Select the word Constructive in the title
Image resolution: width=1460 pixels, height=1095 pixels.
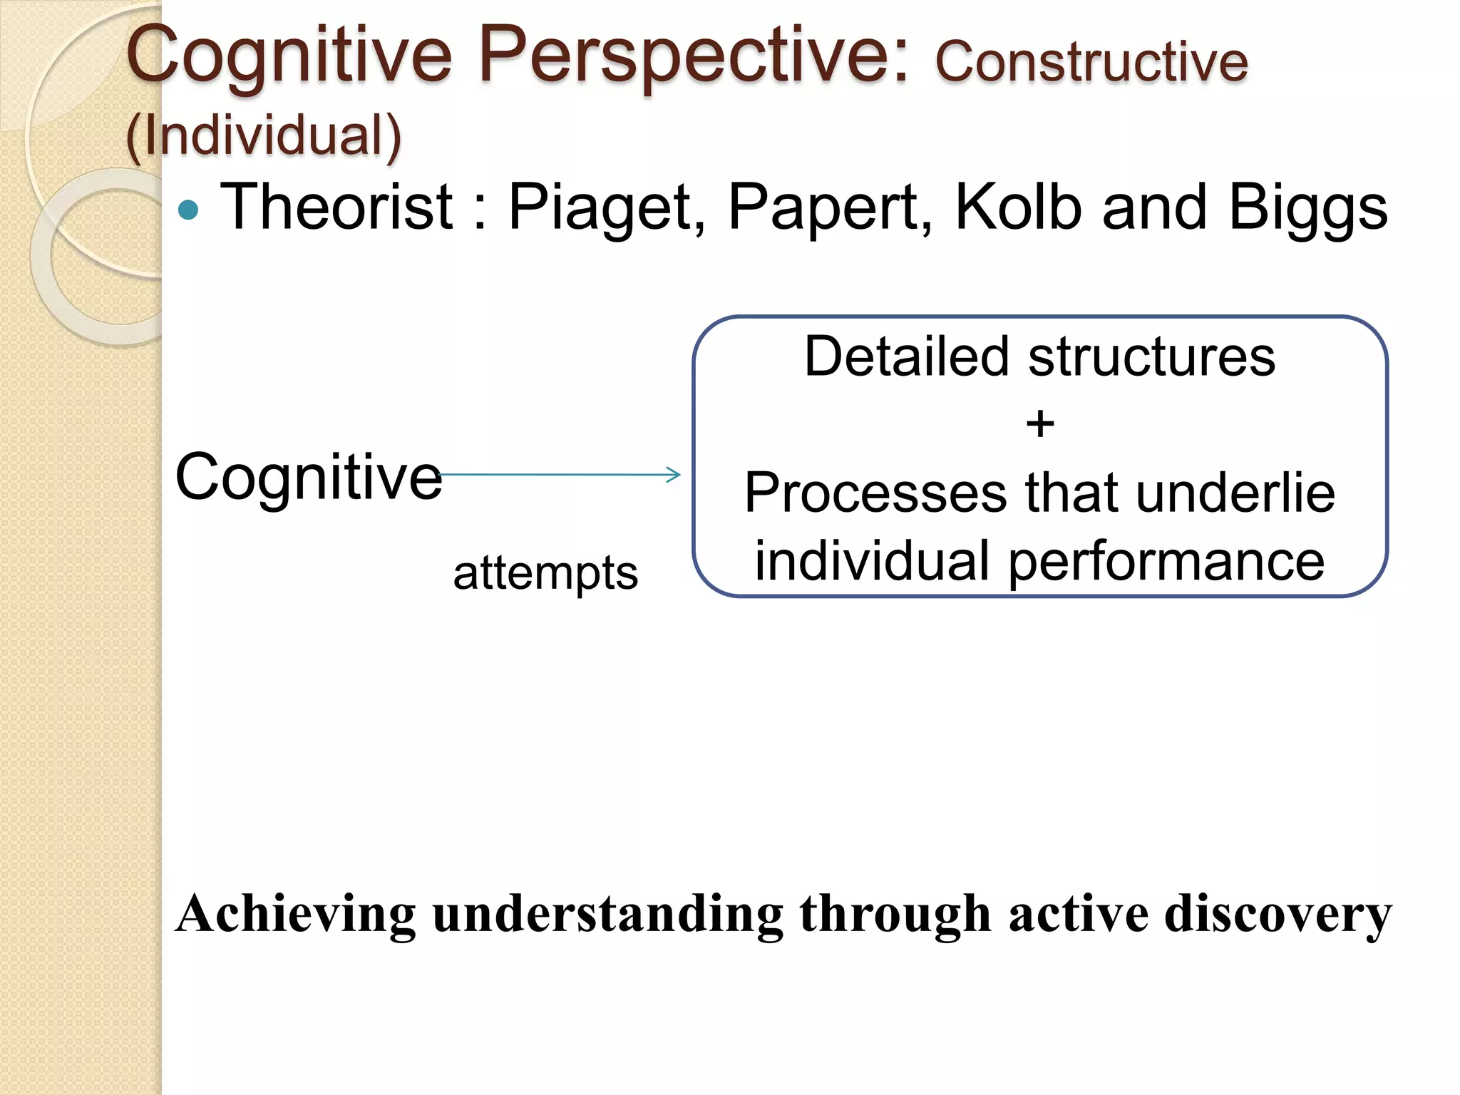(x=1091, y=62)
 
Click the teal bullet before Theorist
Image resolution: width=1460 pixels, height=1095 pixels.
(x=188, y=210)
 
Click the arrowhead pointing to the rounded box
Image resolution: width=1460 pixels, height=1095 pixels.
(x=674, y=475)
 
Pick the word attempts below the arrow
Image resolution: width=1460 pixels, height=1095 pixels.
(x=545, y=573)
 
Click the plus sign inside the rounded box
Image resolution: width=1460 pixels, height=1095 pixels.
(x=1040, y=424)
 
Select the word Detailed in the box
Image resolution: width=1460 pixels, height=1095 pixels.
(x=906, y=356)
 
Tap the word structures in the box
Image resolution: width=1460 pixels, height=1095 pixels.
(x=1151, y=356)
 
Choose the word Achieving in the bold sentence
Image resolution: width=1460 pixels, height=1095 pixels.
(x=295, y=915)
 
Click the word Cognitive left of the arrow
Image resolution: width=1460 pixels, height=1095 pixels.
(x=308, y=477)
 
